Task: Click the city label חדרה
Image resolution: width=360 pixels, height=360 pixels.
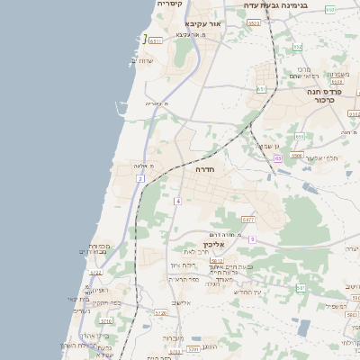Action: [x=202, y=168]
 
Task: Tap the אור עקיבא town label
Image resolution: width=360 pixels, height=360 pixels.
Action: [x=202, y=23]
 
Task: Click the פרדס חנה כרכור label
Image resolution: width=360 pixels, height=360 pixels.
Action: [x=326, y=95]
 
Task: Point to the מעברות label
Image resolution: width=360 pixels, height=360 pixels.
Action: [x=174, y=338]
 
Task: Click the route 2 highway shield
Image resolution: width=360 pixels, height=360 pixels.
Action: [x=140, y=179]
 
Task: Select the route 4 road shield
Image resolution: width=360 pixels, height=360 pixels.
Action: [x=178, y=201]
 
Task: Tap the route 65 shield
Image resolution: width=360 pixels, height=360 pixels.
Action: [x=278, y=158]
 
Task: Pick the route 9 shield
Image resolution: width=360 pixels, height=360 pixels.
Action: [x=253, y=238]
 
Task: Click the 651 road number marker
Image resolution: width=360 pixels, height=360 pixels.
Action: [x=261, y=89]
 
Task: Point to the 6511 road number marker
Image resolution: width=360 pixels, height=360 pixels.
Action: [x=156, y=40]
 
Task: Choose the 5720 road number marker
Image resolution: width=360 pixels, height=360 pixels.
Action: [x=160, y=313]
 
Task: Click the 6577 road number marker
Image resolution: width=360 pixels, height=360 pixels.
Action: [x=247, y=220]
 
